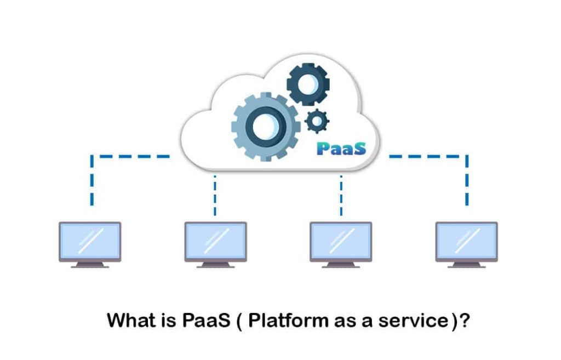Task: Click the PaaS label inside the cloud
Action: click(x=340, y=148)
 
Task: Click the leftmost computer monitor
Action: click(x=90, y=241)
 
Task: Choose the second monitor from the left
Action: click(x=215, y=241)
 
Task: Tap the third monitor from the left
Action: click(x=341, y=241)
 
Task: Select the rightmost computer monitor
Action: click(x=466, y=241)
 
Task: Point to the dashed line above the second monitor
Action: click(x=215, y=195)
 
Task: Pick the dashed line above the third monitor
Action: click(x=341, y=195)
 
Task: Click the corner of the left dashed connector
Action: click(x=92, y=157)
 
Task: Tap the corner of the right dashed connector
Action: click(x=466, y=157)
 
